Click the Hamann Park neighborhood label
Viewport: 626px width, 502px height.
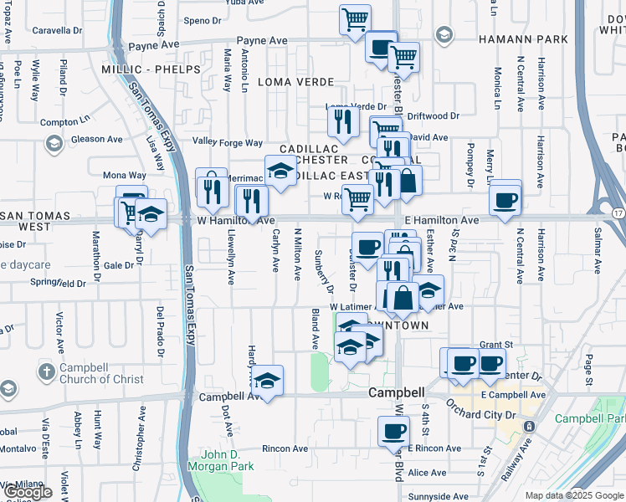tap(523, 39)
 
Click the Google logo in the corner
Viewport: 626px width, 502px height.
tap(28, 492)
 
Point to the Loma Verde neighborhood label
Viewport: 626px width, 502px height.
tap(295, 82)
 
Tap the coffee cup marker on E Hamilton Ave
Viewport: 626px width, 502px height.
tap(505, 200)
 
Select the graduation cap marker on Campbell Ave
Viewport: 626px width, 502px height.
tap(267, 381)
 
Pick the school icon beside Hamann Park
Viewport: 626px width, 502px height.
tap(443, 35)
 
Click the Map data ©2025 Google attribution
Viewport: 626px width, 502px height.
tap(574, 495)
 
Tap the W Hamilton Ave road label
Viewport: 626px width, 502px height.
tap(236, 220)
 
